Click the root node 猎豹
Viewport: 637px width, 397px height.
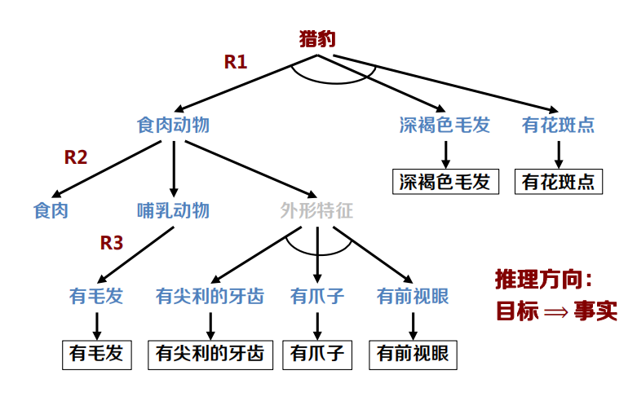click(317, 39)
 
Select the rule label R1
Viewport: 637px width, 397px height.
click(236, 62)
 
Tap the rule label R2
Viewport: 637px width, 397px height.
click(76, 158)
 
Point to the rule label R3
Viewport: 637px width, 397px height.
click(112, 242)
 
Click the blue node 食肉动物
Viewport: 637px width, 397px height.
click(173, 125)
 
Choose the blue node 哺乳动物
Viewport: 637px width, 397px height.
click(173, 210)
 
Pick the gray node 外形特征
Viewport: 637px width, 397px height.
click(316, 210)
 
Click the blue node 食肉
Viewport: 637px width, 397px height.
click(51, 210)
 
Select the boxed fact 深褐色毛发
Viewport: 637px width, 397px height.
click(445, 181)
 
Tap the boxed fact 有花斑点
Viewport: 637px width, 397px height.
click(559, 181)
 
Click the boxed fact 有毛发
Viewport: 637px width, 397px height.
click(96, 353)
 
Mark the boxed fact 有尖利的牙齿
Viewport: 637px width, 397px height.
click(210, 353)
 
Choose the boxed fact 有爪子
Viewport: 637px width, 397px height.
click(317, 353)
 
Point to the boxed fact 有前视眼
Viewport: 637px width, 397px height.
click(413, 353)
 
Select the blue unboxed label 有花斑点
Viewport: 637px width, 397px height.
click(559, 125)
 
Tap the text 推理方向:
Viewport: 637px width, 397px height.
click(543, 279)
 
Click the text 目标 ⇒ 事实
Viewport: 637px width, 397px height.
click(557, 311)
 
